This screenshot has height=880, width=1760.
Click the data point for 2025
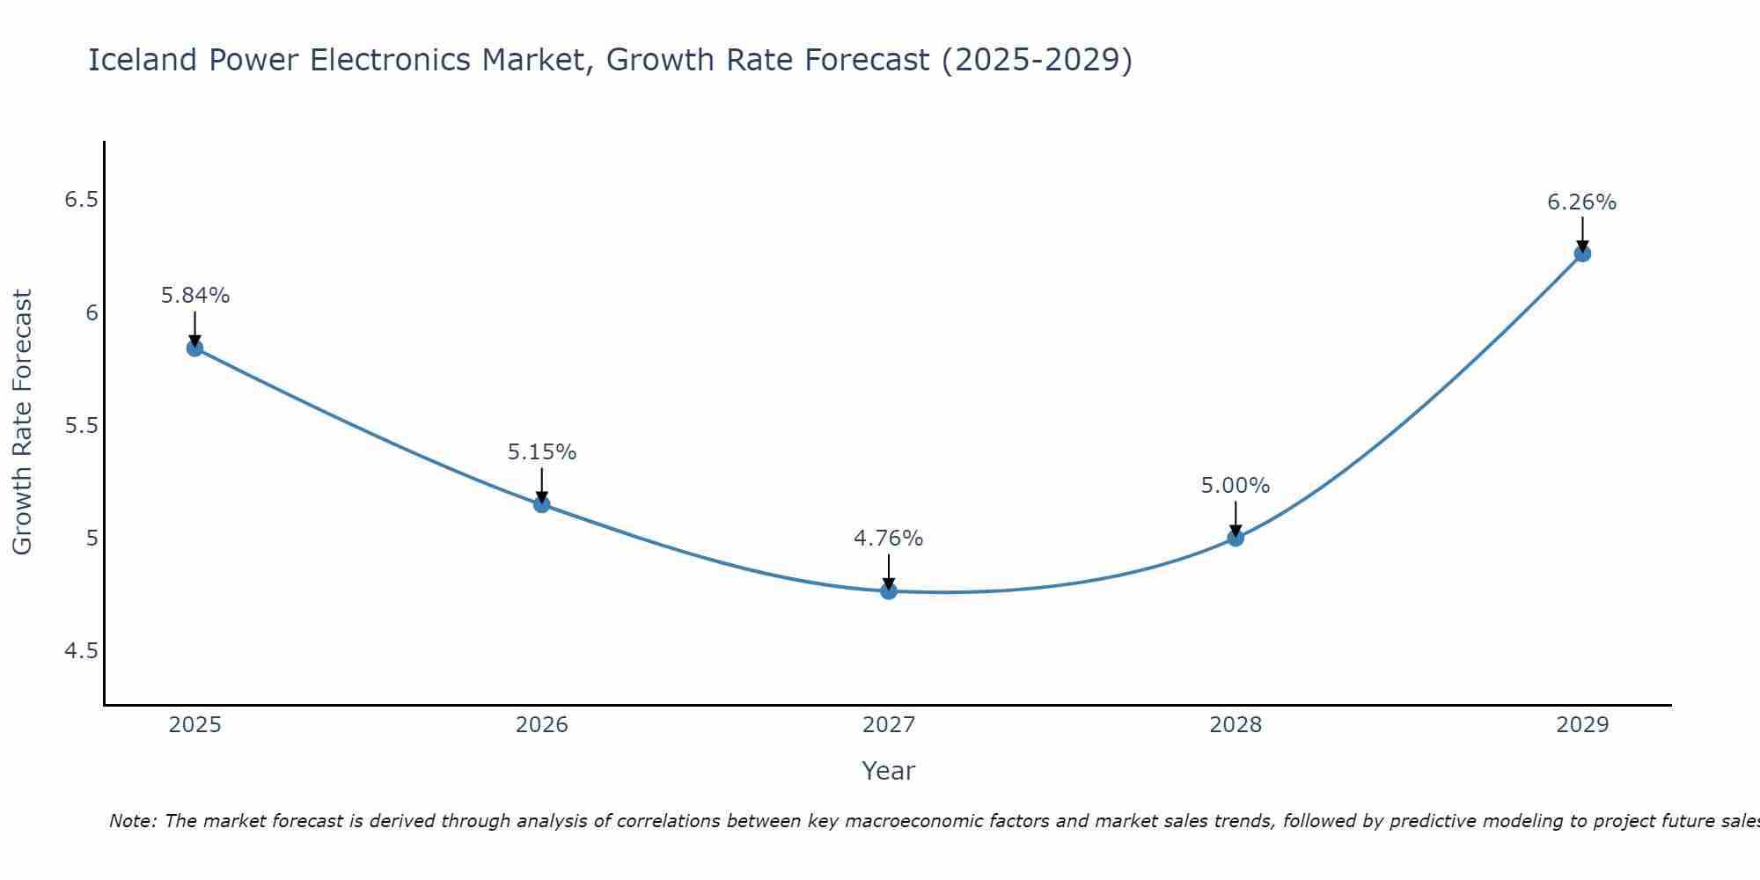[x=194, y=348]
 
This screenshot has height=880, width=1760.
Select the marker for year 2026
[x=541, y=504]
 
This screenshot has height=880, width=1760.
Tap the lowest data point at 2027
[x=888, y=591]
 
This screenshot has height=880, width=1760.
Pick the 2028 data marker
[x=1235, y=538]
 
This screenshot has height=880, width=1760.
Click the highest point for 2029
[x=1581, y=254]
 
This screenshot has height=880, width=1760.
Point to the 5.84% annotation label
[x=194, y=296]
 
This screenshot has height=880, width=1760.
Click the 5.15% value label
[x=541, y=452]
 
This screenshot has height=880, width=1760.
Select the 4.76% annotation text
[x=888, y=539]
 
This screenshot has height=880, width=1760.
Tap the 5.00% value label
[x=1235, y=486]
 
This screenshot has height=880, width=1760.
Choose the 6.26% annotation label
[x=1581, y=202]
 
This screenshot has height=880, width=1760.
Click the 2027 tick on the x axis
[x=888, y=725]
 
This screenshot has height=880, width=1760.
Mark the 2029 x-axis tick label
[x=1581, y=725]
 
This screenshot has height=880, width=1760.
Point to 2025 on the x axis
[x=194, y=725]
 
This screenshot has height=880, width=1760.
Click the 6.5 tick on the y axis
[x=81, y=201]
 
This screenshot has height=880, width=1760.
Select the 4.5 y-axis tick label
[x=81, y=651]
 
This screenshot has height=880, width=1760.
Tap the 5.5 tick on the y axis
[x=81, y=426]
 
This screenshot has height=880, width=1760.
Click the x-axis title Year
[x=888, y=771]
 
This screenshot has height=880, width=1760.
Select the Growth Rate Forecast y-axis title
[x=22, y=422]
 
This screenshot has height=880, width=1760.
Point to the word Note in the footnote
[x=132, y=821]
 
